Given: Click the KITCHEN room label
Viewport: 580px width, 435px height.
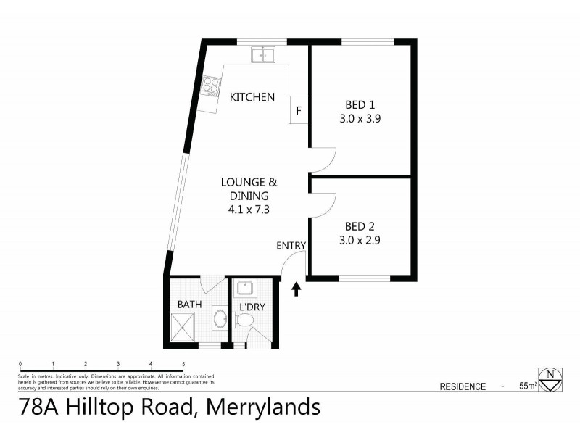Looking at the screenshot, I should coord(252,96).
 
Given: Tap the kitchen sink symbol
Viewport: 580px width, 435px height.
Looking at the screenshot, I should coord(262,54).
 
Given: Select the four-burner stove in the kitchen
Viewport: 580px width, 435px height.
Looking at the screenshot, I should coord(211,87).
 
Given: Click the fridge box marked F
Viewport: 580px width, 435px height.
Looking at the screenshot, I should coord(299,111).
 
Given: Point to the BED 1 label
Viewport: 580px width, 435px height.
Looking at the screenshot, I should coord(360,105).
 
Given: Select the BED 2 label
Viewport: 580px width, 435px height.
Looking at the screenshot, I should coord(360,225).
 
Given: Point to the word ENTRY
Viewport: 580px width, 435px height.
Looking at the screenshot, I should coord(291,246).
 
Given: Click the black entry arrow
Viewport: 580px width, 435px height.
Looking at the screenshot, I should coord(296,290).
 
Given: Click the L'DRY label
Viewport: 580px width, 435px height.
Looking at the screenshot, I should coord(252,307).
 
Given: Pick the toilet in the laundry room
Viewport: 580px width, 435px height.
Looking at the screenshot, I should coord(245,320).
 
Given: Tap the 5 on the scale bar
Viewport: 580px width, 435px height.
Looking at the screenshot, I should coord(183,364).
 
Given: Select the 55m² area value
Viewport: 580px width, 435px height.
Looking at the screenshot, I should coord(527,386).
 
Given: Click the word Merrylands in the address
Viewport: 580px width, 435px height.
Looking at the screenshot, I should coord(263,407).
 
